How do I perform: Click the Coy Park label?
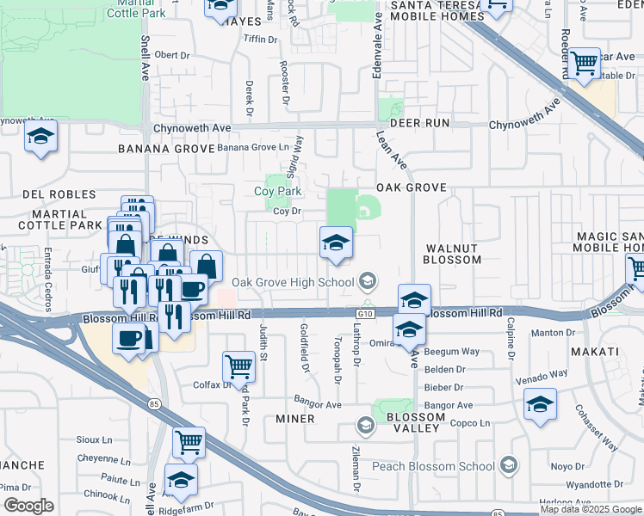point(276,191)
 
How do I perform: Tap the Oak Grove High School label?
point(294,281)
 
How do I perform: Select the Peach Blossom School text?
point(433,466)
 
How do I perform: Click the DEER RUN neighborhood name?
point(419,123)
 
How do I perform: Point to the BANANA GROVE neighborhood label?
point(165,148)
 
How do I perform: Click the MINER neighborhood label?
point(294,419)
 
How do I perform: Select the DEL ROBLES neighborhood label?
point(59,195)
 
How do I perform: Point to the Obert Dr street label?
point(171,55)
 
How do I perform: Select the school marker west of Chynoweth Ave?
point(40,138)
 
